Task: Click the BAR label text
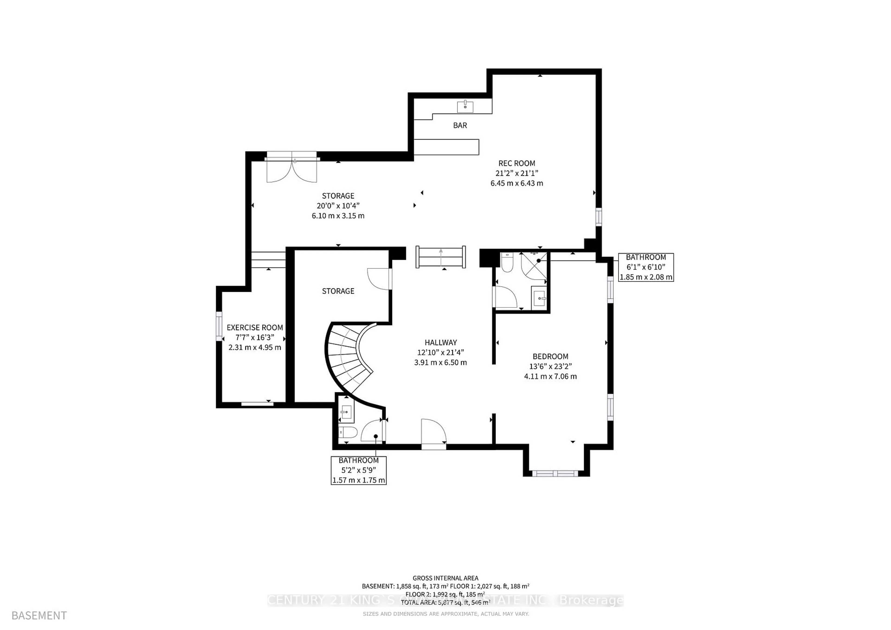[x=460, y=125]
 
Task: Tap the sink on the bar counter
[x=465, y=106]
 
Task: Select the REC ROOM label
[x=517, y=163]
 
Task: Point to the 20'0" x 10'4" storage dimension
[x=338, y=206]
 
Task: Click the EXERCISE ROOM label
[x=255, y=328]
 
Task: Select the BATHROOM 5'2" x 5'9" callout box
[x=358, y=470]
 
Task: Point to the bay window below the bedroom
[x=556, y=473]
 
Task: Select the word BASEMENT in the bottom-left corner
[x=39, y=616]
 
